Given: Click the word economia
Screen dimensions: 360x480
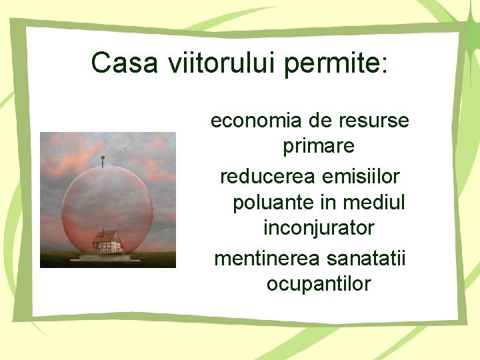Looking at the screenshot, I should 257,121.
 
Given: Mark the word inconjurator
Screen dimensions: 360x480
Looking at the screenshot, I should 319,229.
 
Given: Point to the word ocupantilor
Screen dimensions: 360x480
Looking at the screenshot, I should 319,284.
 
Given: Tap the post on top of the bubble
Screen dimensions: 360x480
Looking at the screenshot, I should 103,161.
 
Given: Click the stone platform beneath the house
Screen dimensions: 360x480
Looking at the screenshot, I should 105,257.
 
